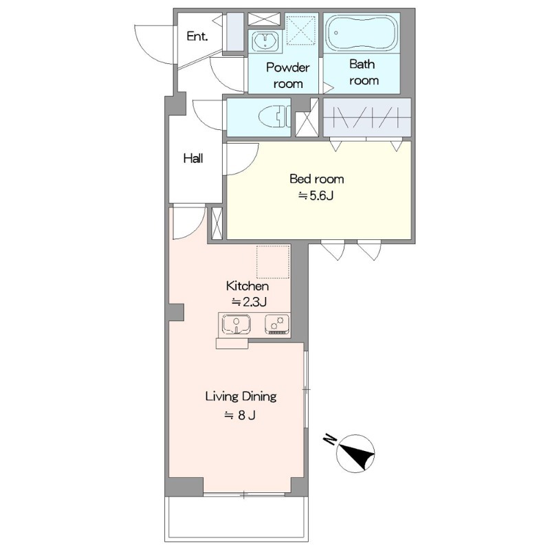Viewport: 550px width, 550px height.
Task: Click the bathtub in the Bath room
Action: [x=362, y=33]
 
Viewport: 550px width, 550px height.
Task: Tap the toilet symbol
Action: [x=275, y=115]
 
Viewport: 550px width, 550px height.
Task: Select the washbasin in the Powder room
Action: [x=265, y=41]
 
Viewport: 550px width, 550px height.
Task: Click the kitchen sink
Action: [x=236, y=324]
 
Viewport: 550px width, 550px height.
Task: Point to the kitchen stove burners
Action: [x=277, y=324]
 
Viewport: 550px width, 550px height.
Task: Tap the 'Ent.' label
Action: [x=197, y=36]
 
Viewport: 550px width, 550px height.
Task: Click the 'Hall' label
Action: [x=193, y=159]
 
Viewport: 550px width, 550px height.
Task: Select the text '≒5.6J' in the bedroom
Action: [x=316, y=196]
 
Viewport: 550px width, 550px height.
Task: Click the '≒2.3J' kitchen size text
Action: [x=249, y=302]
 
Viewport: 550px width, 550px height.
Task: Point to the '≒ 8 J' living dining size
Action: [x=240, y=415]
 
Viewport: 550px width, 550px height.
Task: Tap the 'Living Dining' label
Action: [x=241, y=397]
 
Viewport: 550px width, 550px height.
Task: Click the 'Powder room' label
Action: [x=288, y=76]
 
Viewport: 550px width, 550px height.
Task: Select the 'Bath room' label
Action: [x=364, y=72]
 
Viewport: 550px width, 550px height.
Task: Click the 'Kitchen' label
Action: [x=247, y=286]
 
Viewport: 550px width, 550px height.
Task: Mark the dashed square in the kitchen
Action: [x=273, y=262]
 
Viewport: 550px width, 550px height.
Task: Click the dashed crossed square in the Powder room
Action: [x=301, y=31]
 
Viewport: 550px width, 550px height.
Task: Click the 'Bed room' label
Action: [x=317, y=179]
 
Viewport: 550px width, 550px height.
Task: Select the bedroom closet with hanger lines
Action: [x=367, y=117]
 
